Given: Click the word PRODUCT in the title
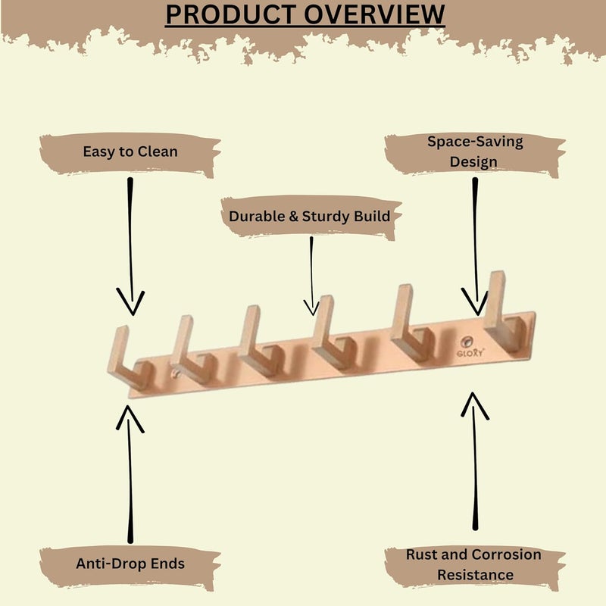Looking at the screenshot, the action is click(231, 14).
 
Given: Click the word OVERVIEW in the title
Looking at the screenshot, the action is click(374, 14).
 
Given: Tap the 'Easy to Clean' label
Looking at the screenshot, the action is click(130, 151).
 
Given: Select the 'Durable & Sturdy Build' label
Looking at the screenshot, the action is click(309, 216).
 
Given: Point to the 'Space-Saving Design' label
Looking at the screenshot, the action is click(475, 151).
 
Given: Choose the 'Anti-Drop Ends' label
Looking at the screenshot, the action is click(130, 564).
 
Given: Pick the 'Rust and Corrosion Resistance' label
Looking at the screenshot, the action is click(474, 564).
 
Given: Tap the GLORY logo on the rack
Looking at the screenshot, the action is click(470, 347).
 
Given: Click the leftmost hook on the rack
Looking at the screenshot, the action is click(129, 359).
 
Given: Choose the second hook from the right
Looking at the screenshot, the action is click(411, 324).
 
